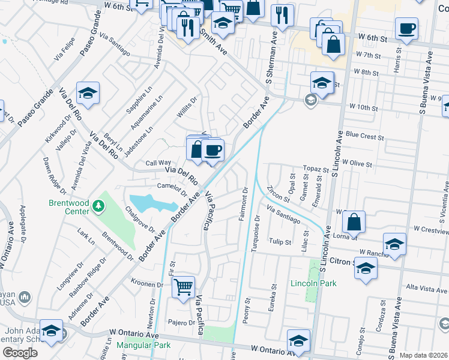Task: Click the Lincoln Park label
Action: [x=313, y=283]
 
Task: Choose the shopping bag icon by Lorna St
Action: [x=355, y=221]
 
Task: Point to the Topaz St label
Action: [x=316, y=170]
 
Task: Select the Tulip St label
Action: [x=280, y=242]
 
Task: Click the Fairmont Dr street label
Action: [x=244, y=204]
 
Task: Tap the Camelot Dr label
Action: [x=172, y=190]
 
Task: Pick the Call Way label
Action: [x=158, y=163]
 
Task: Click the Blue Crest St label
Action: [x=364, y=137]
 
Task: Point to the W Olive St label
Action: [x=358, y=163]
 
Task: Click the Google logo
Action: [x=20, y=352]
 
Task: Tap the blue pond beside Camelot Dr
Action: [x=148, y=203]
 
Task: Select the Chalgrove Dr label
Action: [x=140, y=220]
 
